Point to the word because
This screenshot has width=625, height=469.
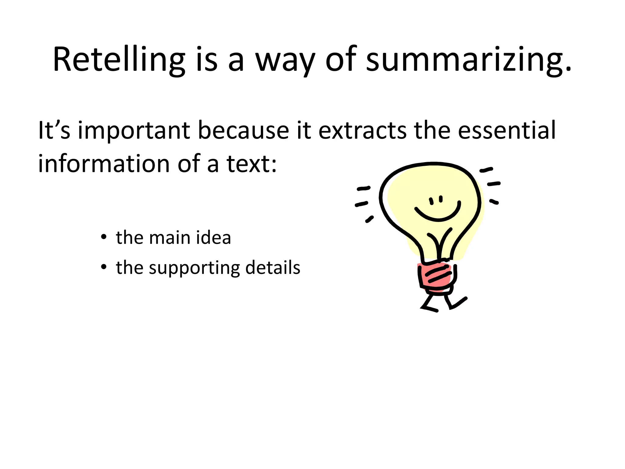pos(243,131)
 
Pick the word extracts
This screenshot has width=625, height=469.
pos(363,131)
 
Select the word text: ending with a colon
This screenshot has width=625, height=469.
pos(251,164)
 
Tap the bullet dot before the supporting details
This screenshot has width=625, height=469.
pos(104,267)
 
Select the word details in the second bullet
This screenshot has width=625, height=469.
pos(273,267)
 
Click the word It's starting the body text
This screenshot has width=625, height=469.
pos(54,131)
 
